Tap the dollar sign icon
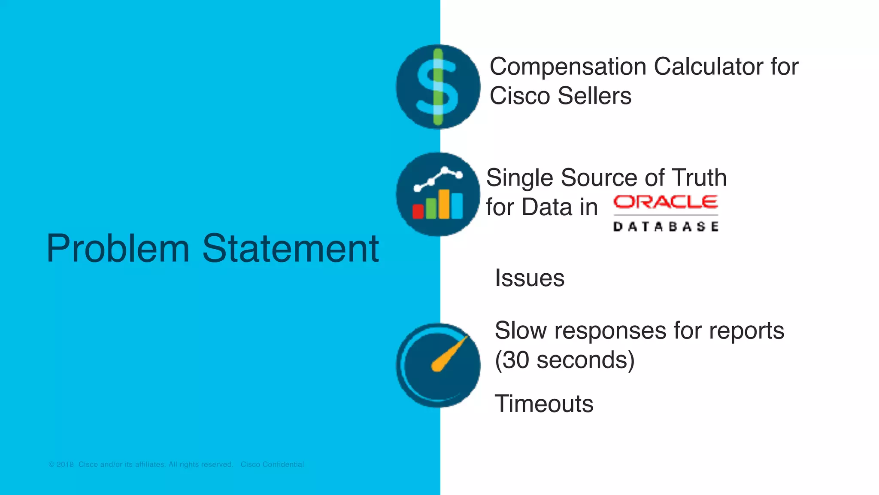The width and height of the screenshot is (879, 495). click(x=438, y=86)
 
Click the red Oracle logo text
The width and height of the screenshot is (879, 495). click(x=665, y=202)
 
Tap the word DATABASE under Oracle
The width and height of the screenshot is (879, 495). click(x=665, y=226)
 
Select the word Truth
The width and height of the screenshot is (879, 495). click(x=699, y=177)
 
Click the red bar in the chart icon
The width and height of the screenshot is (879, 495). click(x=418, y=211)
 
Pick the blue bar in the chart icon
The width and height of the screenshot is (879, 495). click(x=457, y=206)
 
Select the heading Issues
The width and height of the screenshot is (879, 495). click(x=529, y=278)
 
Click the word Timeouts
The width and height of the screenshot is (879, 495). click(x=544, y=404)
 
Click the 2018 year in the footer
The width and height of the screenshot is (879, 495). click(x=65, y=464)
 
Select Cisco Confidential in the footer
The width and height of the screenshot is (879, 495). click(x=272, y=464)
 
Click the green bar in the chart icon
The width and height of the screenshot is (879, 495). click(x=431, y=208)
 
